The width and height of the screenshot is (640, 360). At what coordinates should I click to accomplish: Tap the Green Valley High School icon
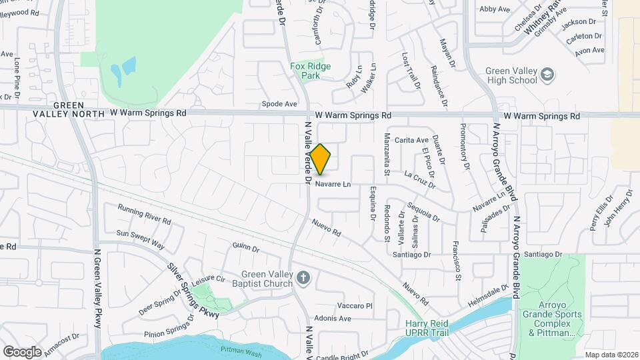tap(547, 74)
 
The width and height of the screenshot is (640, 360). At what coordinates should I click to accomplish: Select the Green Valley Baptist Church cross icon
tap(303, 277)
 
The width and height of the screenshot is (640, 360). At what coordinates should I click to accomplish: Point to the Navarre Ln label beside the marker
tap(333, 184)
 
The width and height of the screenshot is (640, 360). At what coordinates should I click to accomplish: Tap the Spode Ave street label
tap(279, 104)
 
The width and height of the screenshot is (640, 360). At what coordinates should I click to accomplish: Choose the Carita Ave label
tap(411, 140)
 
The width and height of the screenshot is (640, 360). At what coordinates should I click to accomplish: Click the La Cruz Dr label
tap(420, 175)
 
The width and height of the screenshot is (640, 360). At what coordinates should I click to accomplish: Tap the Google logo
tap(22, 351)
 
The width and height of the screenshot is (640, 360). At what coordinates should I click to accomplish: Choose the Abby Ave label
tap(495, 9)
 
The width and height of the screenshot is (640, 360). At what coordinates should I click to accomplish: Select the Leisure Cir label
tap(209, 281)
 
